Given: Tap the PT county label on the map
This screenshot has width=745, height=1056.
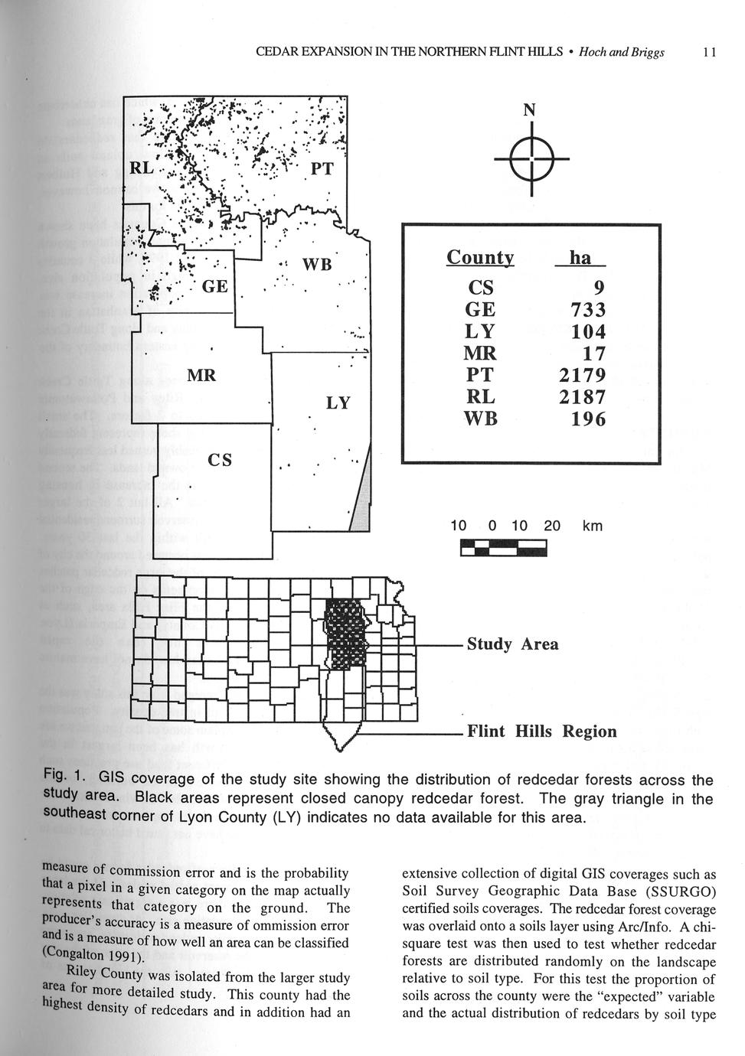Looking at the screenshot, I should coord(322,168).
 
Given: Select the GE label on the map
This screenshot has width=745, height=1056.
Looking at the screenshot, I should coord(215,287).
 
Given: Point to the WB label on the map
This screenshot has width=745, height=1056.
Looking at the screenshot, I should coord(317,265).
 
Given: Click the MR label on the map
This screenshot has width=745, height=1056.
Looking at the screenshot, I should coord(201,376).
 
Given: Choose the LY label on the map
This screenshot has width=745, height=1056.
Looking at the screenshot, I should coord(338,403).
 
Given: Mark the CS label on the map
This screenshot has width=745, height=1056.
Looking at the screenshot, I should coord(220,460).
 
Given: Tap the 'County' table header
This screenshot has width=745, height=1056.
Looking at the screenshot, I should coord(480,258).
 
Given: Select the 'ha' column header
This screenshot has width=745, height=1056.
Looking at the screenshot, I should coord(580,258).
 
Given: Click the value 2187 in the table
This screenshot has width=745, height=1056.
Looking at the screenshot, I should coord(583,397).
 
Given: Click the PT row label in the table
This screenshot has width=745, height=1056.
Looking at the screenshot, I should coord(481,375).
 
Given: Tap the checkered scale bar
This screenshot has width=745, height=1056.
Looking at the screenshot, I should coord(504,548).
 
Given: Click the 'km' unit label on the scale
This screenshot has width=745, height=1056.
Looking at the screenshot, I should coord(592,526).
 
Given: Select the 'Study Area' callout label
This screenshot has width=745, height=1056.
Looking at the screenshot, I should coord(512,644).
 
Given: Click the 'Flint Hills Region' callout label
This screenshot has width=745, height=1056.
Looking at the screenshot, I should coord(541,732).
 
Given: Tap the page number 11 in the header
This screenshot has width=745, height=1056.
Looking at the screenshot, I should coord(708,52).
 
